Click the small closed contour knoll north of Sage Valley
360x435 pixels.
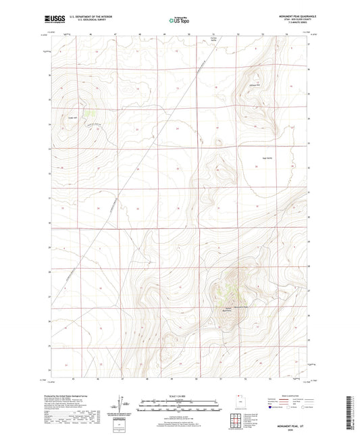217,142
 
